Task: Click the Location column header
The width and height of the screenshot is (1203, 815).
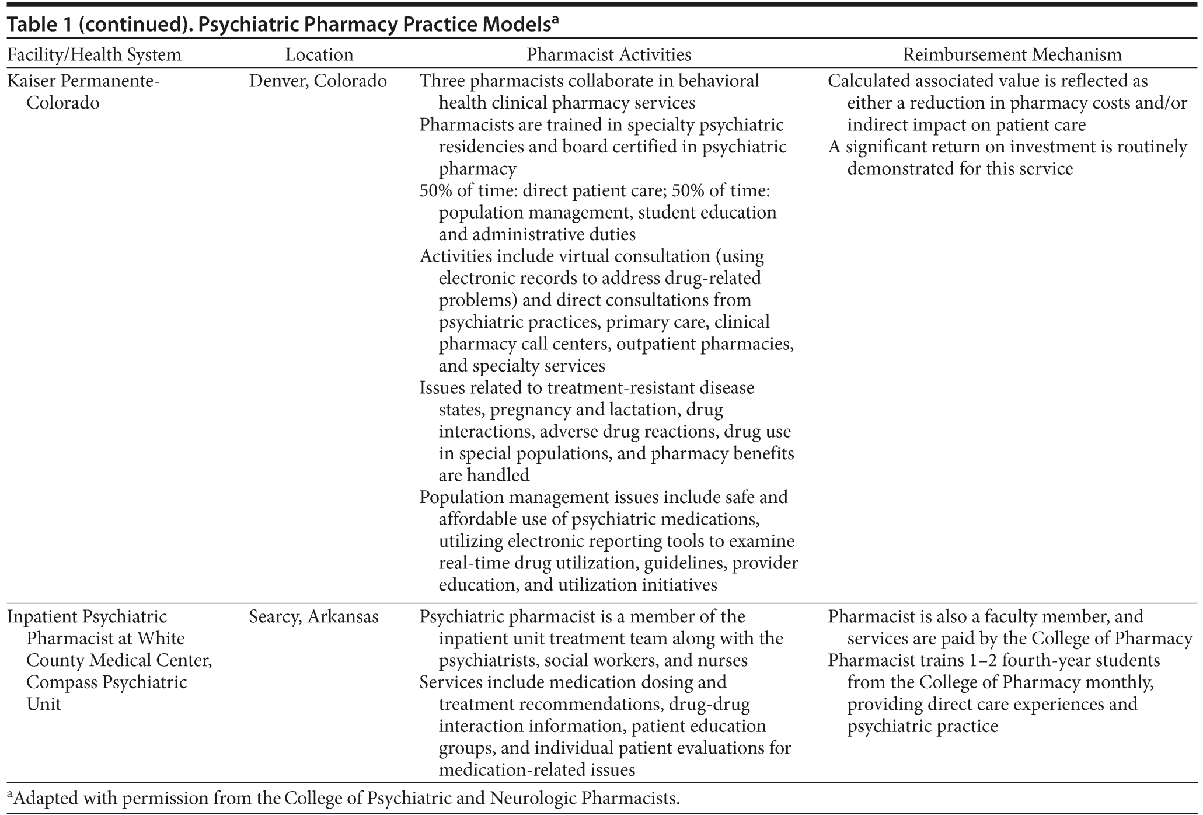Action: pos(319,55)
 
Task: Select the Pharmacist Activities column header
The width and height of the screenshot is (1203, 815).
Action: pos(609,55)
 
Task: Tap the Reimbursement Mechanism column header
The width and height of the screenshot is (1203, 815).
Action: pos(1012,55)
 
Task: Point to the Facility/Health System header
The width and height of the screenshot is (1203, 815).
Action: pos(94,55)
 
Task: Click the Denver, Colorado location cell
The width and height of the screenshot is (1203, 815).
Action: pos(318,81)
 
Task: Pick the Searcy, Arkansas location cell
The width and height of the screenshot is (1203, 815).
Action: pos(313,616)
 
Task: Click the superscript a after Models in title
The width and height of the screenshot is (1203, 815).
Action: pos(556,20)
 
